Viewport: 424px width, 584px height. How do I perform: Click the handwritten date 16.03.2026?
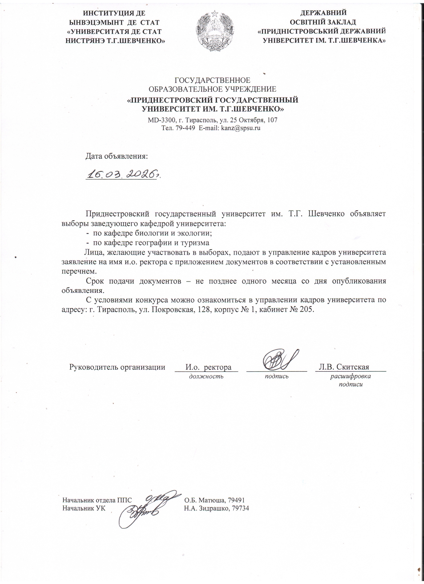coord(122,174)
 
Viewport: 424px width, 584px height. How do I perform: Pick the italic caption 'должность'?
coord(206,376)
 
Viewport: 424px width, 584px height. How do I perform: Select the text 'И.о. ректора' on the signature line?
coord(208,367)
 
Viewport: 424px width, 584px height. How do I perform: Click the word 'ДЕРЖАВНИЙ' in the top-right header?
coord(323,13)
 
